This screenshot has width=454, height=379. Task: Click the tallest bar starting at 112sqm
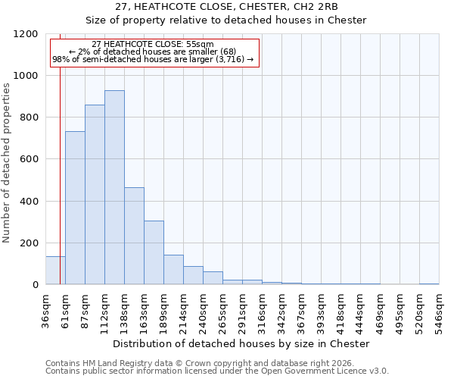[114, 187]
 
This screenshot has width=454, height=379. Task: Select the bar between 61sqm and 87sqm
[75, 208]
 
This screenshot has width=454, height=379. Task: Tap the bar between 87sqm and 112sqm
[95, 195]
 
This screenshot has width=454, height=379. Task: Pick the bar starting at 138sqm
[134, 236]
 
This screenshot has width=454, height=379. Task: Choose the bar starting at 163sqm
[154, 252]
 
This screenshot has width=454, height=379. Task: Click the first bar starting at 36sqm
[55, 271]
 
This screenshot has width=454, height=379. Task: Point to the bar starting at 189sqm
[173, 270]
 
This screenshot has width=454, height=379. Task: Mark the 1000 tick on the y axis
[27, 76]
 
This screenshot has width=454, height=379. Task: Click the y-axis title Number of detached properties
[7, 163]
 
